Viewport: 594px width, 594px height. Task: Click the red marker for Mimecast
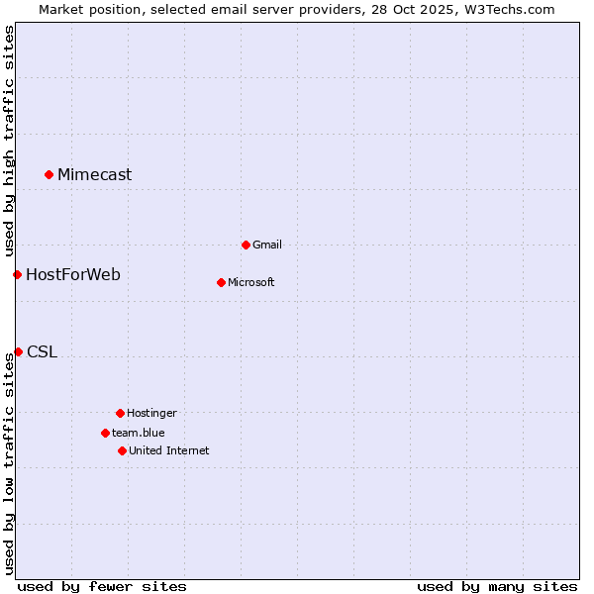click(49, 175)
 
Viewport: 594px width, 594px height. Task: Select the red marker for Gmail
click(246, 245)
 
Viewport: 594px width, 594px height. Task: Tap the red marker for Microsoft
click(221, 282)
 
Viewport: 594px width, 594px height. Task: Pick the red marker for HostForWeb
click(17, 274)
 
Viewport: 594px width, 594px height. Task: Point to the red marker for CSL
click(18, 351)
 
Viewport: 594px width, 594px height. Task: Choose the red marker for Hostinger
click(120, 413)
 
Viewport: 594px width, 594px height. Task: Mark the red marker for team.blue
click(105, 433)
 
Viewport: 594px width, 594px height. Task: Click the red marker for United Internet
click(122, 450)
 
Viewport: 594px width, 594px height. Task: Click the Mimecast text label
click(94, 175)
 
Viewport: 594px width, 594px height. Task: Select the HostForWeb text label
click(73, 274)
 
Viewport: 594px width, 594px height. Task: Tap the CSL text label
click(42, 351)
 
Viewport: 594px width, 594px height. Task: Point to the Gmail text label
click(267, 245)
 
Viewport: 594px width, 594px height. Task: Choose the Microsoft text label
click(251, 282)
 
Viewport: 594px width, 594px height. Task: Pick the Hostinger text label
click(151, 413)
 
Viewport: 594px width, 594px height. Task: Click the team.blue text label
click(139, 433)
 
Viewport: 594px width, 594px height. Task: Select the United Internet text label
click(169, 450)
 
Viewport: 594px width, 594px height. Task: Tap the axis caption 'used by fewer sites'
click(102, 586)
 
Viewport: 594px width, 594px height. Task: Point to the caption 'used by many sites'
click(497, 586)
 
